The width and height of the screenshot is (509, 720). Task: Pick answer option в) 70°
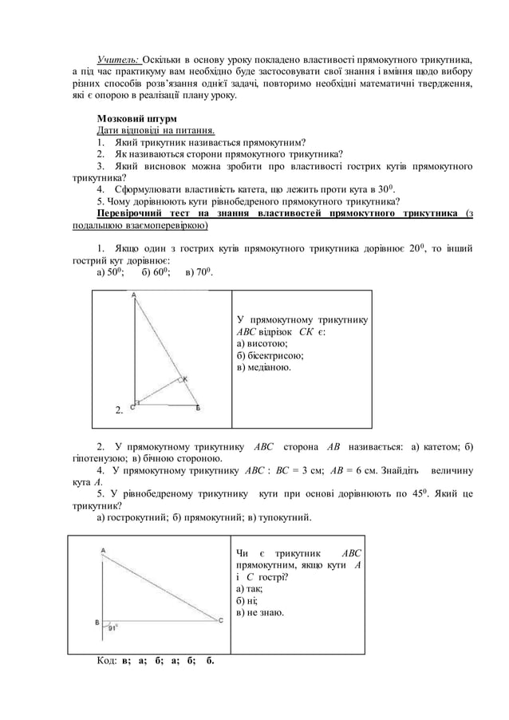[199, 273]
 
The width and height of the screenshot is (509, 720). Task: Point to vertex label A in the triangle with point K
[133, 295]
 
